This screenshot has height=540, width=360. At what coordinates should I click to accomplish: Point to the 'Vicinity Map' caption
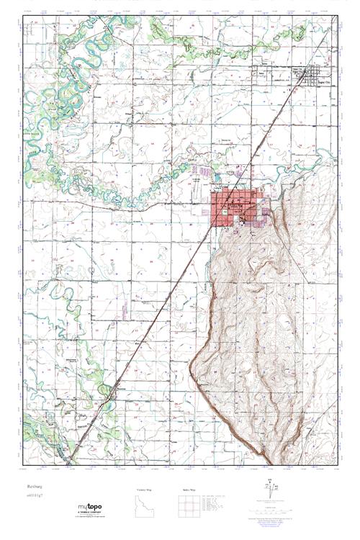pos(145,489)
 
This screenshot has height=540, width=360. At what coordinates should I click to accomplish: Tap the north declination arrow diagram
pos(271,491)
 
